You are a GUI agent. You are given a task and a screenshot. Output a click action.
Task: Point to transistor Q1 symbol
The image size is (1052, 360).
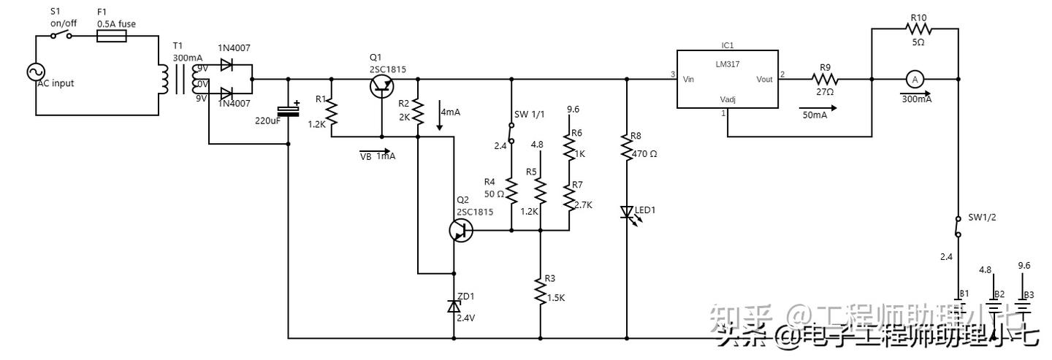[x=381, y=86]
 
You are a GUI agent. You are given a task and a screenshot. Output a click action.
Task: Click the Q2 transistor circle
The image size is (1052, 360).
[x=461, y=231]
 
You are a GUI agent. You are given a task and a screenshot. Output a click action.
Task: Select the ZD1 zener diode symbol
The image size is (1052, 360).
[x=454, y=307]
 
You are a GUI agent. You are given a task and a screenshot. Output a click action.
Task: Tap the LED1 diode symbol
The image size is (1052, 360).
[x=627, y=212]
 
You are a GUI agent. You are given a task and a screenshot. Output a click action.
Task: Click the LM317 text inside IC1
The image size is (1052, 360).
[x=728, y=64]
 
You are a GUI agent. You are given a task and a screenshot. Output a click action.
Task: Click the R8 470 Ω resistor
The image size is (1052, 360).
[x=627, y=148]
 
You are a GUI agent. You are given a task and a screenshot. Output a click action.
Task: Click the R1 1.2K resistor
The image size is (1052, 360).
[x=331, y=112]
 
